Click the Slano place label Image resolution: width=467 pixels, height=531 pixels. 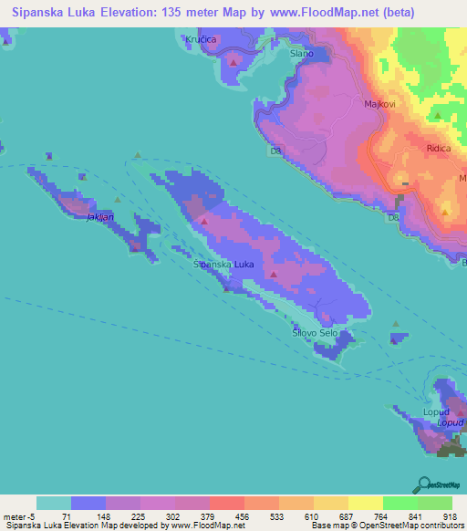coord(301,54)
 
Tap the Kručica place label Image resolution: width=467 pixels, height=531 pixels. coord(200,41)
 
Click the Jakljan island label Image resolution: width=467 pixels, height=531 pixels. coord(100,218)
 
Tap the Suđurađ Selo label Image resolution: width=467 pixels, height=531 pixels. coord(315,334)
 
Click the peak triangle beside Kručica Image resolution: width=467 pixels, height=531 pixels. coord(234,61)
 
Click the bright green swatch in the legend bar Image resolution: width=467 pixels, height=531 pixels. coord(400,503)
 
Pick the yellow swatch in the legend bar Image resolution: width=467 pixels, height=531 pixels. coord(330,503)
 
